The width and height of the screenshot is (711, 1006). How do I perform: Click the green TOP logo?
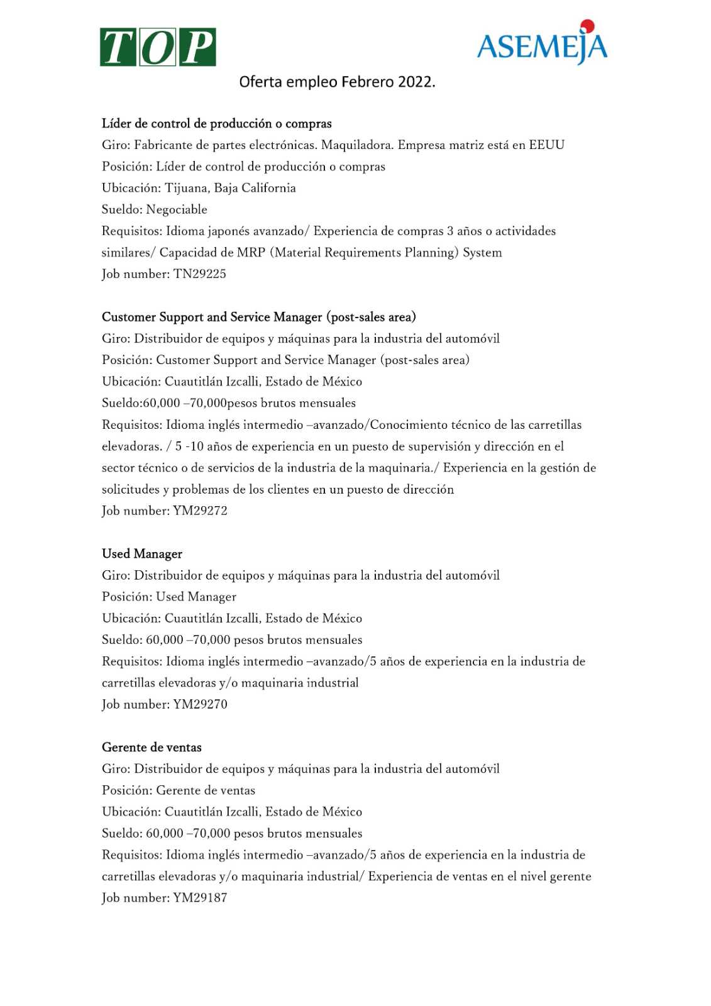pos(158,47)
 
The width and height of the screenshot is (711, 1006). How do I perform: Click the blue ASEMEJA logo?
pos(542,46)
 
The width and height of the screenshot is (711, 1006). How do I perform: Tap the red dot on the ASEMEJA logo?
pos(587,26)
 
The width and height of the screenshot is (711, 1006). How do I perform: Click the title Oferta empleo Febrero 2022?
pos(337,82)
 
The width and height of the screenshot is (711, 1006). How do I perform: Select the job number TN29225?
pos(200,274)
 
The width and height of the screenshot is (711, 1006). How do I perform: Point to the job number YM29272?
pos(200,511)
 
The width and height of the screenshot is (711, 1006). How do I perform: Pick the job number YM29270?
pos(200,705)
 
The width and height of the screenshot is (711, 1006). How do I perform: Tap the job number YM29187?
pos(200,898)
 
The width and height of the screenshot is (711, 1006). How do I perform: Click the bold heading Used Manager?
pos(142,554)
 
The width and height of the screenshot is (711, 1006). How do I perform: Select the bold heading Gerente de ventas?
pos(152,748)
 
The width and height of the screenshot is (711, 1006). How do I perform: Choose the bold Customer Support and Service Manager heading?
pos(258,318)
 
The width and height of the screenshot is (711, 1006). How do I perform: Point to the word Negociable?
pos(177,209)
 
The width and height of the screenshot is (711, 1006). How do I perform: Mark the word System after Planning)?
pos(482,253)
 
